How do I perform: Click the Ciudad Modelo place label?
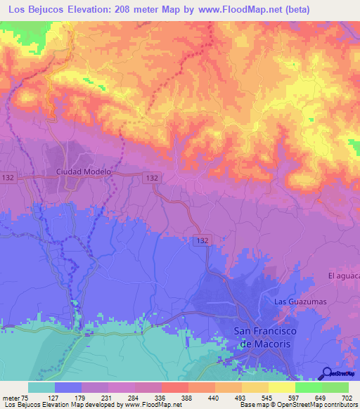(x=84, y=171)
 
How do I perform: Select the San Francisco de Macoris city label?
(x=264, y=337)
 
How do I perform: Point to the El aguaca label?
(x=343, y=276)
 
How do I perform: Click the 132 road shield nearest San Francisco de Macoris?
(x=200, y=240)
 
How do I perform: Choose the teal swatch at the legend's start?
(x=41, y=388)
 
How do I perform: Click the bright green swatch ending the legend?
(x=335, y=388)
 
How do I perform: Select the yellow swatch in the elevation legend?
(x=282, y=388)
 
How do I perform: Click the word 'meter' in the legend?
(x=9, y=398)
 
